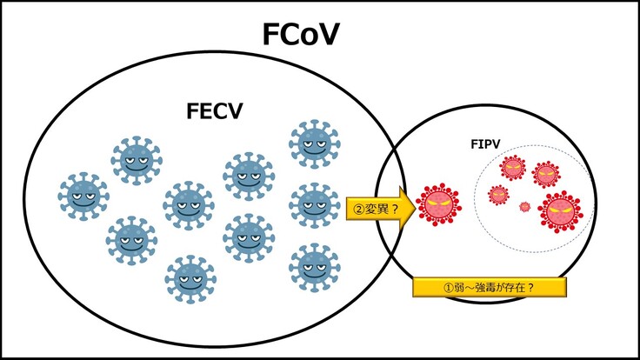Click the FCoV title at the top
coord(300,35)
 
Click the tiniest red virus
coord(524,207)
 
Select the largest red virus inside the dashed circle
coord(558,211)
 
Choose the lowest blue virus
coord(191,278)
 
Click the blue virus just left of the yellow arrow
coord(313,205)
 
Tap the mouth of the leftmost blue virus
coord(83,203)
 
